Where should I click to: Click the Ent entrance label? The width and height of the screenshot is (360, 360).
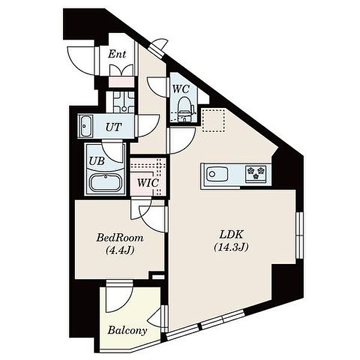point(117,55)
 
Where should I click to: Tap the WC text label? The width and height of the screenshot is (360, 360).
point(181,89)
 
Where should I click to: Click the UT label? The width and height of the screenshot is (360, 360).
point(113,127)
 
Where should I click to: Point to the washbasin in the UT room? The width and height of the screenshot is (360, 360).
point(85,126)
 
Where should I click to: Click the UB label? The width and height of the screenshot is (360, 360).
point(97,161)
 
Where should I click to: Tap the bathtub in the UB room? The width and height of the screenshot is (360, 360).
point(106,182)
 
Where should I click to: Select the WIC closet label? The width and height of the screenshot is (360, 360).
point(148,183)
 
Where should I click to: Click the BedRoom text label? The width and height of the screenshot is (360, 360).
point(120,238)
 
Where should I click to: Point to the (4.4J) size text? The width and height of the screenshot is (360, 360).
point(120,250)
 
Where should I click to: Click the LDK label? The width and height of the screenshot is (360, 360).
point(231,235)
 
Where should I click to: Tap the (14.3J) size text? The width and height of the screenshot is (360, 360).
point(231,247)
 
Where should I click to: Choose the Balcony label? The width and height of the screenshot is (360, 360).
point(127,331)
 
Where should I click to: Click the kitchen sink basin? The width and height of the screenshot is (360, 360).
point(217,174)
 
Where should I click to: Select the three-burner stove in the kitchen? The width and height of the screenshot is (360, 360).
point(256,173)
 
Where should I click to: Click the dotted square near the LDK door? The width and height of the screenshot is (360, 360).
point(214,121)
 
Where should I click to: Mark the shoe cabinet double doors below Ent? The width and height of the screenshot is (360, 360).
point(121,70)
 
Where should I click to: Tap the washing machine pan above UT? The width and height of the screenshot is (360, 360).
point(124,102)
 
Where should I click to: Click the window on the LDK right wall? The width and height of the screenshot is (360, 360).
point(299,235)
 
